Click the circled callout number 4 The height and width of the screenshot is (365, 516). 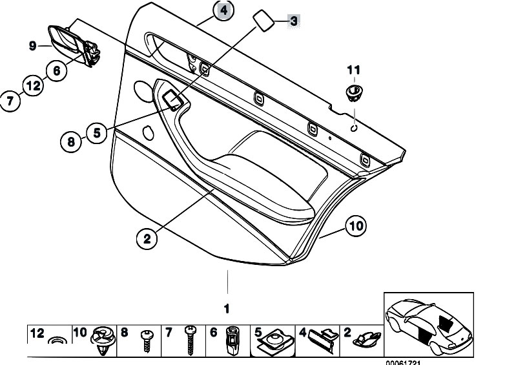coord(223,11)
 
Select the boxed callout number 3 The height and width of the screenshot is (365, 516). coord(293,21)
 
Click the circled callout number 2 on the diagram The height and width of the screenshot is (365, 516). coord(147,239)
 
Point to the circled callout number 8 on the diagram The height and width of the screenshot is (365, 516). coord(71,140)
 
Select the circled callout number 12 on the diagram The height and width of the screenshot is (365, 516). coord(32,85)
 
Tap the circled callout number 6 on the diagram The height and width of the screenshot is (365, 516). coord(56,71)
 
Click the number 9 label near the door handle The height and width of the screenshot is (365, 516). coord(32,45)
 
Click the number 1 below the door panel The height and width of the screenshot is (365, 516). coord(227,308)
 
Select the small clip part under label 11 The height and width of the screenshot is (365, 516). coord(354,92)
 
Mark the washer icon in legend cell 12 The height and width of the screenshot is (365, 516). coord(56,340)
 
